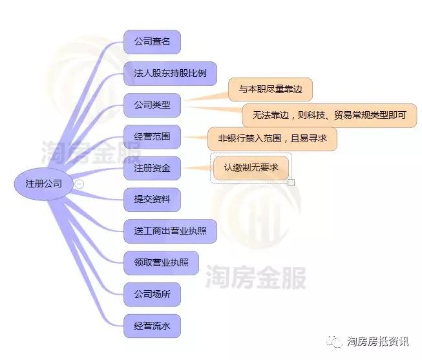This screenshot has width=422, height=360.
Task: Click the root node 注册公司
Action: (43, 184)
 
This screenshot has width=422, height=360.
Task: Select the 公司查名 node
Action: (152, 42)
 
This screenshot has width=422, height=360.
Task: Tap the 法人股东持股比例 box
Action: (170, 73)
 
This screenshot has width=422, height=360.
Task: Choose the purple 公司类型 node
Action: (152, 105)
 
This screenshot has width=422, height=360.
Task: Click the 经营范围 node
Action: (152, 136)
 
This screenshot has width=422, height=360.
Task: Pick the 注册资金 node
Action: (152, 168)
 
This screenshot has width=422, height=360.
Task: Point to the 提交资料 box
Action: (152, 200)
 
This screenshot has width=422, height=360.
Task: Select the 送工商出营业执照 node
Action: (170, 231)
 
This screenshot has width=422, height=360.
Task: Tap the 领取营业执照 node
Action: (161, 263)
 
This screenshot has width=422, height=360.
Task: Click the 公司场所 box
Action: (152, 294)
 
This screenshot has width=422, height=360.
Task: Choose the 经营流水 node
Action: (152, 326)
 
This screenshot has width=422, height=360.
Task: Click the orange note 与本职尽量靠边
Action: (270, 89)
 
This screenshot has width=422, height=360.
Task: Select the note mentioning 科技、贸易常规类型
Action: (330, 116)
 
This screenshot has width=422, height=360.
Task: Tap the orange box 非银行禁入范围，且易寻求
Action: (272, 139)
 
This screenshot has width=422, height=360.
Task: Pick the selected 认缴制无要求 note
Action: (251, 168)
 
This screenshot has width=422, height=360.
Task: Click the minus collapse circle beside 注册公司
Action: (79, 184)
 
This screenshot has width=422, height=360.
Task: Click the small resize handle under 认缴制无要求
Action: (291, 182)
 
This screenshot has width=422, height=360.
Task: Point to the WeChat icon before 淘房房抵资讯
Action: (334, 342)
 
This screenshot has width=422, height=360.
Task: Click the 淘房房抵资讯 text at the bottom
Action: (377, 341)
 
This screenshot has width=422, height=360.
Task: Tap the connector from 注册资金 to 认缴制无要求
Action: (197, 168)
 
